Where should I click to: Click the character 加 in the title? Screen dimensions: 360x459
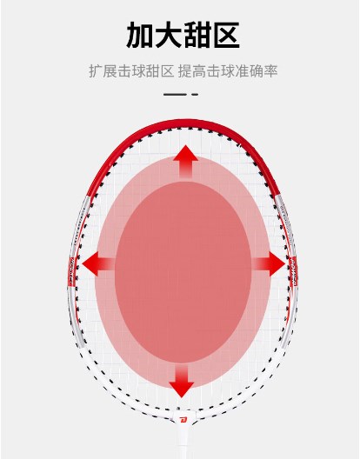coord(140,35)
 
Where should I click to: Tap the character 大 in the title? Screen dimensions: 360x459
coord(168,35)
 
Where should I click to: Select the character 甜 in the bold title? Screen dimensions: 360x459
coord(197,35)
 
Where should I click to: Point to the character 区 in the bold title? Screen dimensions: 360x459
coord(226,35)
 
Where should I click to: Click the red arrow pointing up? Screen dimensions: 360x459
coord(185,162)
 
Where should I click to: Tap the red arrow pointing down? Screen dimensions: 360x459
coord(182,381)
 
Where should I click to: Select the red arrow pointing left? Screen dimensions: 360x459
coord(98,263)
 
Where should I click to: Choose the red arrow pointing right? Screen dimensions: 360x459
coord(268,263)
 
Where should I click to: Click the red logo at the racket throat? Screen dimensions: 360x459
coord(183,421)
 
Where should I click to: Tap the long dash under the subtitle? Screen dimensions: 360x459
coord(175,94)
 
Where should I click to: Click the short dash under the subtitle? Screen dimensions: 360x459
coord(195,94)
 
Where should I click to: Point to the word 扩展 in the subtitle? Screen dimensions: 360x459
coord(103,71)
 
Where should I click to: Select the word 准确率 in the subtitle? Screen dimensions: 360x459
coord(257,71)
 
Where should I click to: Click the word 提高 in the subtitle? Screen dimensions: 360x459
coord(192,71)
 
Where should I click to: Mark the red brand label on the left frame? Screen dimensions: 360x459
coord(72,271)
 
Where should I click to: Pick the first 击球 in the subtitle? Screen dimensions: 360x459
coord(131,71)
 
